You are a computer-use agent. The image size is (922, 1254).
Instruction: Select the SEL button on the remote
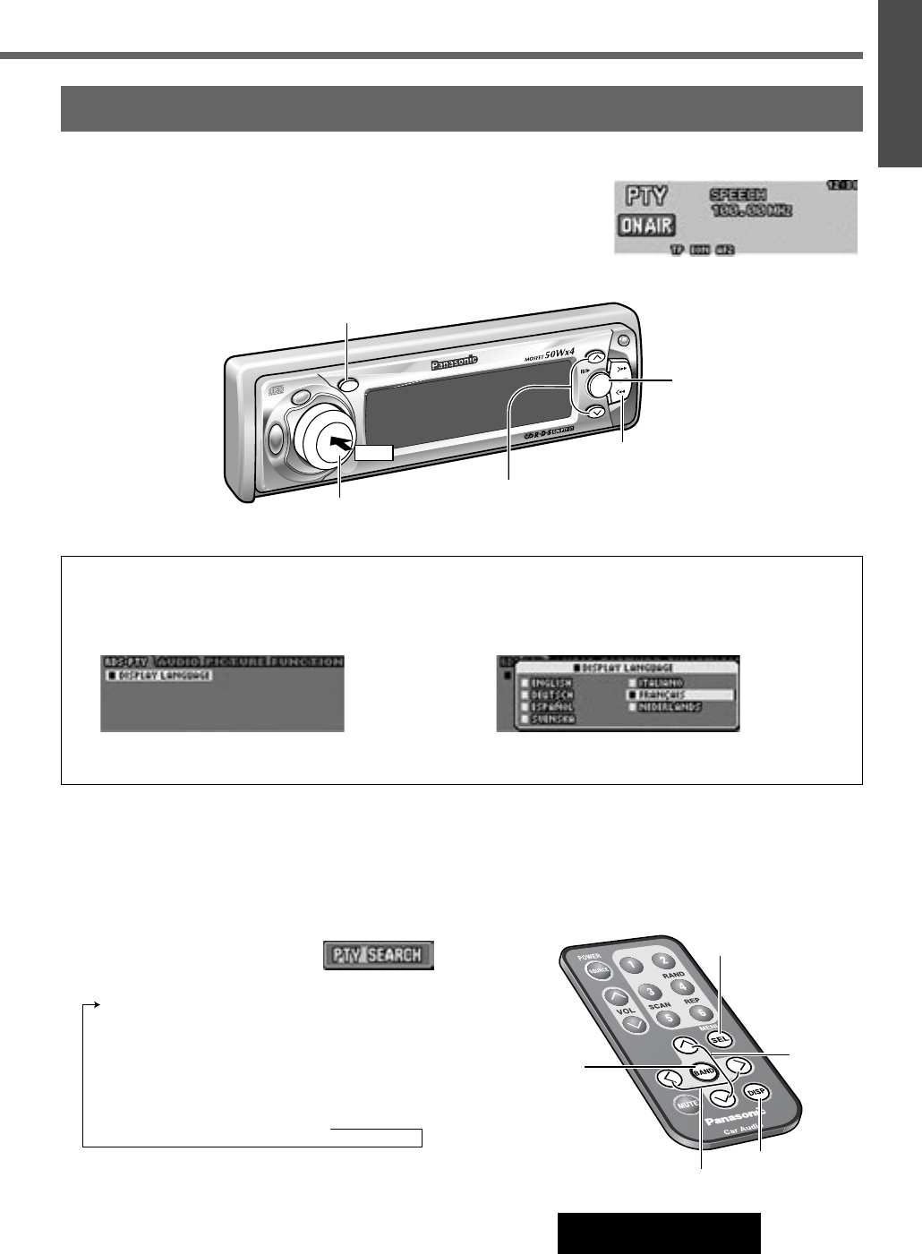tap(721, 1039)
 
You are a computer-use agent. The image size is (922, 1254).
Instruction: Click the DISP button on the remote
tap(757, 1092)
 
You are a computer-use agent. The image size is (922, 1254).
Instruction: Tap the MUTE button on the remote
tap(687, 1105)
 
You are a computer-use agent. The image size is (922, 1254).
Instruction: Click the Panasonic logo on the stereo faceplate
tap(455, 363)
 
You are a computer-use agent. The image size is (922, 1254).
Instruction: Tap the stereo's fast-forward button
tap(622, 368)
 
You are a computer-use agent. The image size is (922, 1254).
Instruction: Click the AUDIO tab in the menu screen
tap(177, 661)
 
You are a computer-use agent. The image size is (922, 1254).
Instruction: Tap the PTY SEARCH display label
tap(378, 954)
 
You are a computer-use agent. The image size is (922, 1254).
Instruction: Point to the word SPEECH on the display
tap(738, 193)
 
